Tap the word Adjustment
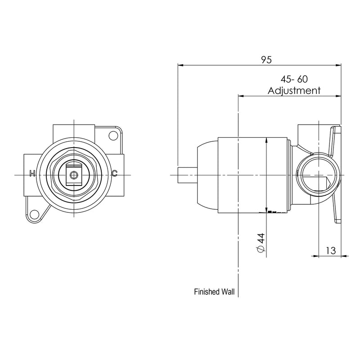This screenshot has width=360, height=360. click(294, 90)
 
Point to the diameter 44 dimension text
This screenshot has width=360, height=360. click(260, 243)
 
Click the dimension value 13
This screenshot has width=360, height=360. click(330, 250)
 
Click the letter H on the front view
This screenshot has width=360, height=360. click(31, 174)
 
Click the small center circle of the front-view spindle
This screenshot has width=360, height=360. click(72, 174)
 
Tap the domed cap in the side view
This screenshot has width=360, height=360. click(207, 174)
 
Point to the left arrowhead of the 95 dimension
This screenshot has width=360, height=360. click(181, 65)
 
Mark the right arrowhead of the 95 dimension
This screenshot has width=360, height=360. click(338, 65)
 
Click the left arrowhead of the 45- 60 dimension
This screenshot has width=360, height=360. click(240, 96)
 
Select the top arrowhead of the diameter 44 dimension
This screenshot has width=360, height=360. click(267, 140)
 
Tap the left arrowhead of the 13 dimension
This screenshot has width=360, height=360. click(316, 256)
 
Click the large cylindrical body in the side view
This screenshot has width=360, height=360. click(252, 174)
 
